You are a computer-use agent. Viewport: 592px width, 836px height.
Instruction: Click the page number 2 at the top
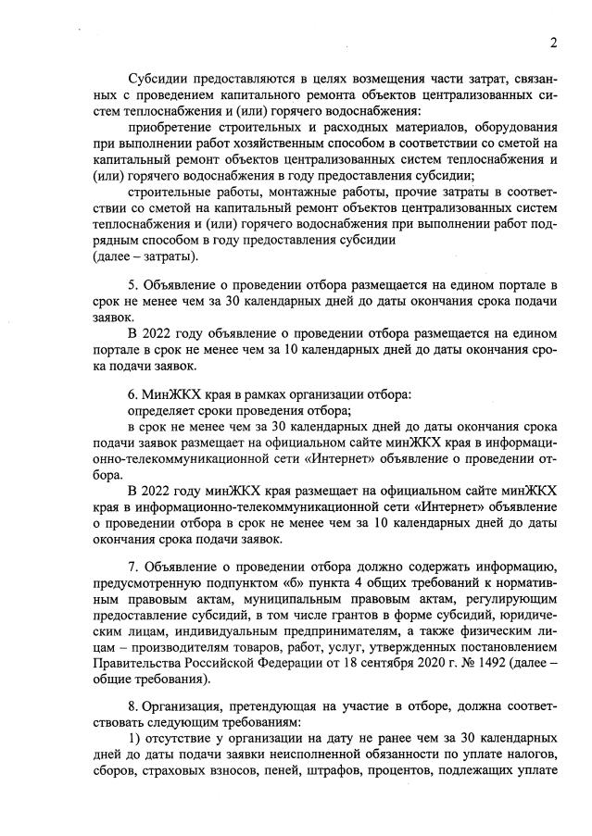pos(553,43)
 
